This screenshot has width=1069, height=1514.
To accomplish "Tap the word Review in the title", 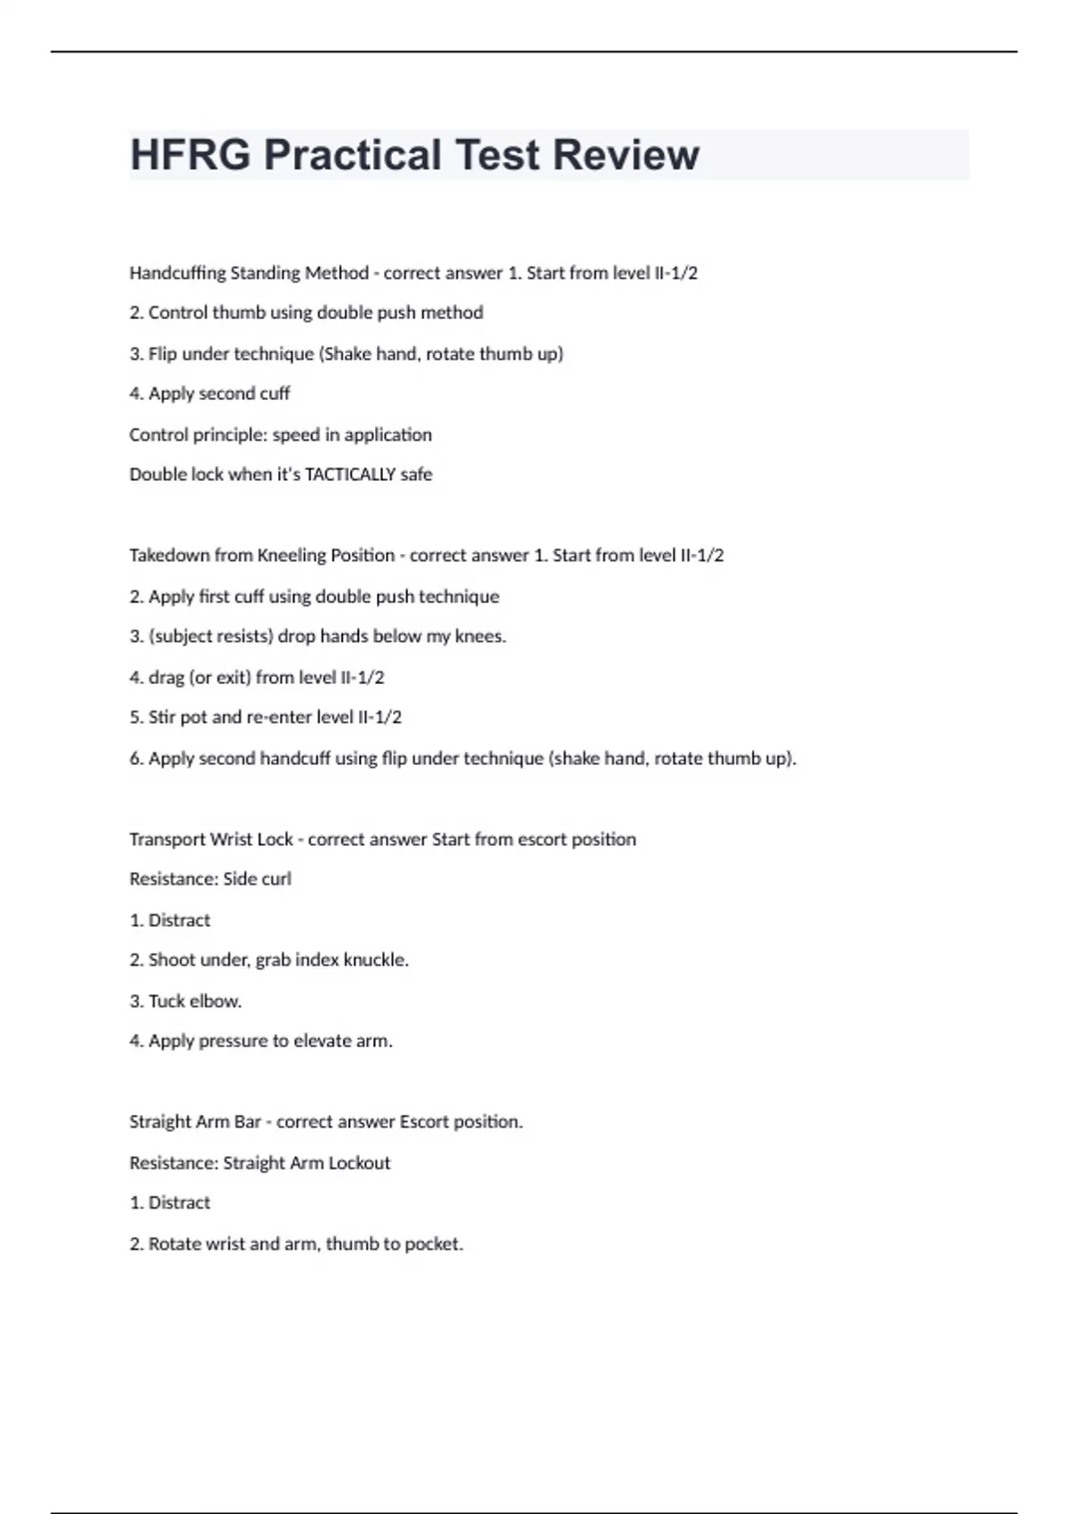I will pos(626,155).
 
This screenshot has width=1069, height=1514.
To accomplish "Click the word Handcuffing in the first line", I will pos(177,273).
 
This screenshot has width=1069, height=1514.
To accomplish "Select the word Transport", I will pos(167,840).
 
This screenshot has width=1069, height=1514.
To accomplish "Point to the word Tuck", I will pos(167,1001).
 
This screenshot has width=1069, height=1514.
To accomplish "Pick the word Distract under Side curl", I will pos(179,921).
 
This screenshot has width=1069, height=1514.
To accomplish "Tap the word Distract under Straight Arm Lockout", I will pos(179,1203).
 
